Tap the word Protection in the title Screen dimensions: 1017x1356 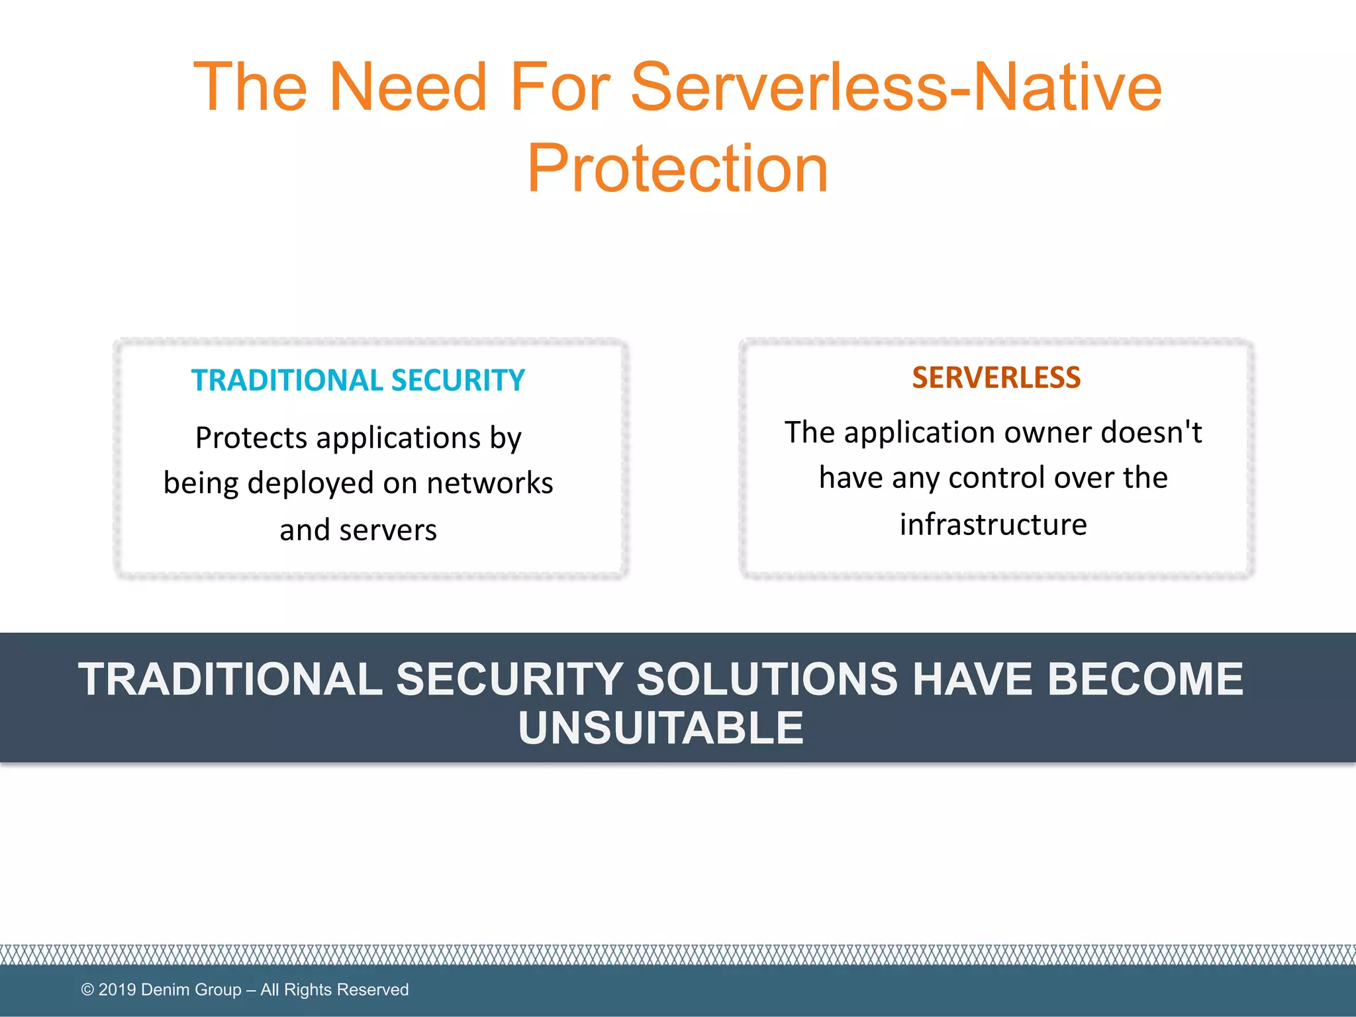(x=677, y=169)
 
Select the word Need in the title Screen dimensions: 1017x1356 (x=408, y=87)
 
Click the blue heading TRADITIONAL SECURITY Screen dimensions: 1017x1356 (x=358, y=381)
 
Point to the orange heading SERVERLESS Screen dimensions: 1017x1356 (x=996, y=378)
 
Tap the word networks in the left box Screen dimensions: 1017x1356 (x=489, y=483)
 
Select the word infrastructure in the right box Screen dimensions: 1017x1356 (x=993, y=524)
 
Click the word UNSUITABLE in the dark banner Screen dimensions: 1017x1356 (x=661, y=728)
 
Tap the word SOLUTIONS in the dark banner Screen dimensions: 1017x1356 (x=767, y=679)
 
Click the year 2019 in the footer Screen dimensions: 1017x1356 (x=117, y=989)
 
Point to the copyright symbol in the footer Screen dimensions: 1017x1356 (x=87, y=990)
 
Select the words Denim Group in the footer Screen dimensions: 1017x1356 (x=191, y=990)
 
